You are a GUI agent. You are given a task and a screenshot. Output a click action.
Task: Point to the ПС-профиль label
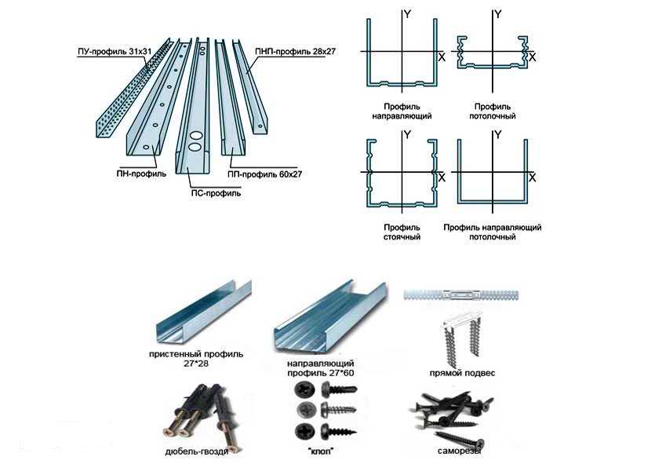[x=216, y=192]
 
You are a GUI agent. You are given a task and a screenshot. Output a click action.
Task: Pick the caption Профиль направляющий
[x=402, y=111]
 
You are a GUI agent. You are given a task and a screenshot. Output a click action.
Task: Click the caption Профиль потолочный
[x=494, y=111]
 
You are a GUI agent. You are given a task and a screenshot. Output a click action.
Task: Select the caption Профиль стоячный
[x=402, y=232]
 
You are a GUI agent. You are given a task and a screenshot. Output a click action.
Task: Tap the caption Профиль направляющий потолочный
[x=492, y=232]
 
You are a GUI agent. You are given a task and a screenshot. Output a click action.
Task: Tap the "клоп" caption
[x=317, y=453]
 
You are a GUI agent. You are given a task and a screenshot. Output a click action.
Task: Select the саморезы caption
[x=459, y=453]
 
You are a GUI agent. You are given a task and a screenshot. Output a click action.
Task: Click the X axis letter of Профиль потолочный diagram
[x=533, y=57]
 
